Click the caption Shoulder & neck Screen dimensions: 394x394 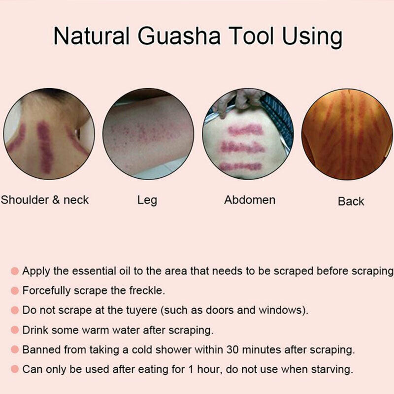45,200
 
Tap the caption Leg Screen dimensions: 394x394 147,200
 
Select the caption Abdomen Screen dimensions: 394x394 250,200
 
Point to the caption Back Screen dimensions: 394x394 351,201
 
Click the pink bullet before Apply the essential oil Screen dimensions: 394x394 14,271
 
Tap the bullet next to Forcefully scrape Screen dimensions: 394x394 14,291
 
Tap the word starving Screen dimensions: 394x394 333,369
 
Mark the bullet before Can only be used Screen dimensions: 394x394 14,369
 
